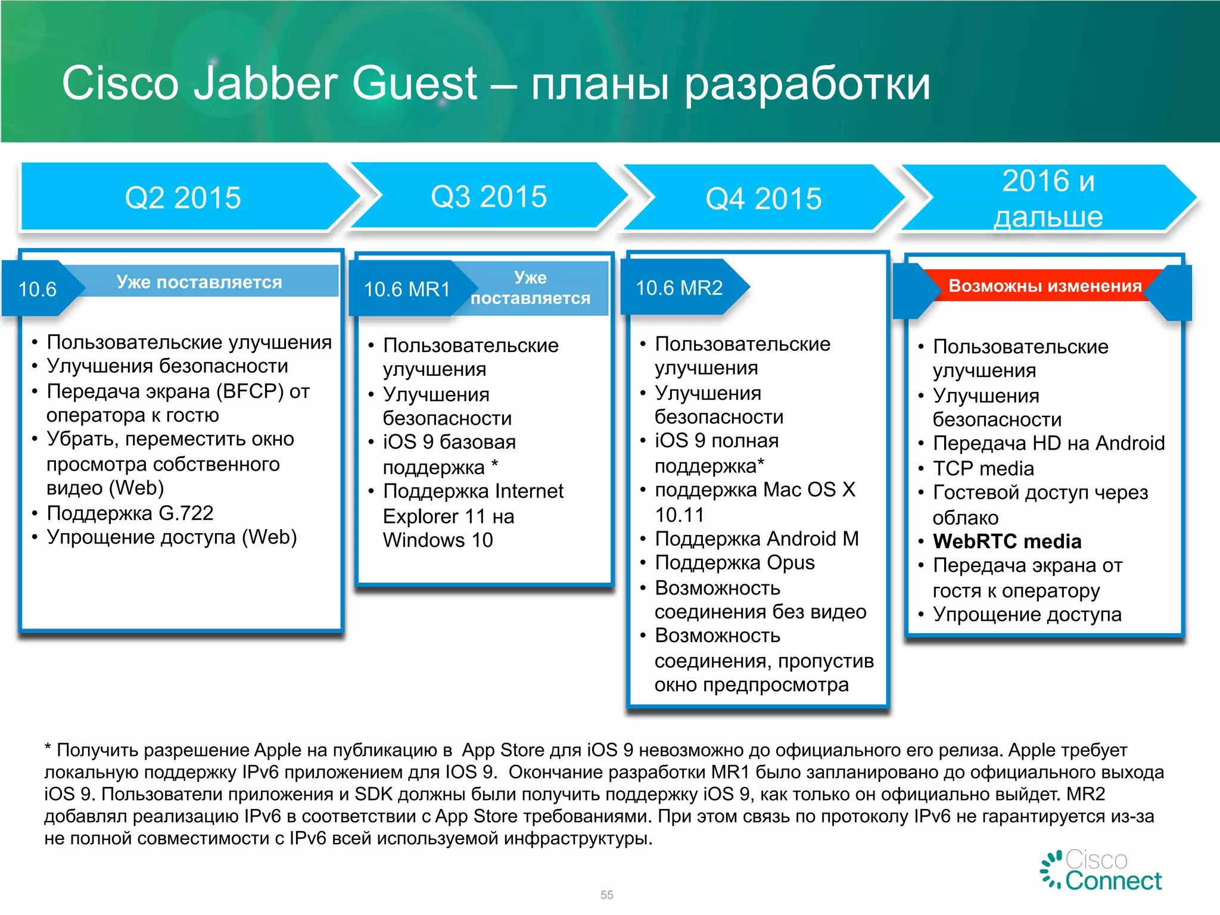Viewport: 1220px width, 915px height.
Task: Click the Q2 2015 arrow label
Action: coord(183,197)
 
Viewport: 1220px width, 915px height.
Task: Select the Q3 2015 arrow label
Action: coord(488,197)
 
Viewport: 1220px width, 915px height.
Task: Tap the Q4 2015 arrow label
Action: coord(763,198)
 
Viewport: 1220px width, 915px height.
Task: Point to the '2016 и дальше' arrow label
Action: coord(1048,198)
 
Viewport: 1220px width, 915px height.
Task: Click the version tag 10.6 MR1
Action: coord(407,290)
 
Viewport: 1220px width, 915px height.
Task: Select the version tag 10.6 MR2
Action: coord(679,288)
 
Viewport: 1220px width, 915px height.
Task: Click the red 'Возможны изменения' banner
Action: coord(1045,286)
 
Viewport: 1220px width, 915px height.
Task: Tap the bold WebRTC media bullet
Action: coord(1007,541)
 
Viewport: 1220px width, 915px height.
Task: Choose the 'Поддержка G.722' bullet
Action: coord(130,513)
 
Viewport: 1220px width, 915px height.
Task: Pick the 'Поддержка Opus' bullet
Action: coord(734,563)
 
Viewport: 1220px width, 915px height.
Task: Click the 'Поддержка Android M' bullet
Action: coord(757,539)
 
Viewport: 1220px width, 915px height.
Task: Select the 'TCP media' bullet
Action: coord(983,468)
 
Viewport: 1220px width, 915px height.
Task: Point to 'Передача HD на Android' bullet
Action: coord(1048,443)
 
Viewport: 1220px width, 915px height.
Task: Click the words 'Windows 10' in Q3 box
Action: coord(438,540)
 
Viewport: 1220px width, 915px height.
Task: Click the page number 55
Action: coord(606,895)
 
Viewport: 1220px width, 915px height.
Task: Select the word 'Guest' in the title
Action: coord(415,83)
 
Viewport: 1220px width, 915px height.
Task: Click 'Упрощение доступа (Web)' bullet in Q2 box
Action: coord(172,537)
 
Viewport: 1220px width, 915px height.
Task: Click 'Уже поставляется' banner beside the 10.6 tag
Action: coord(199,282)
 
